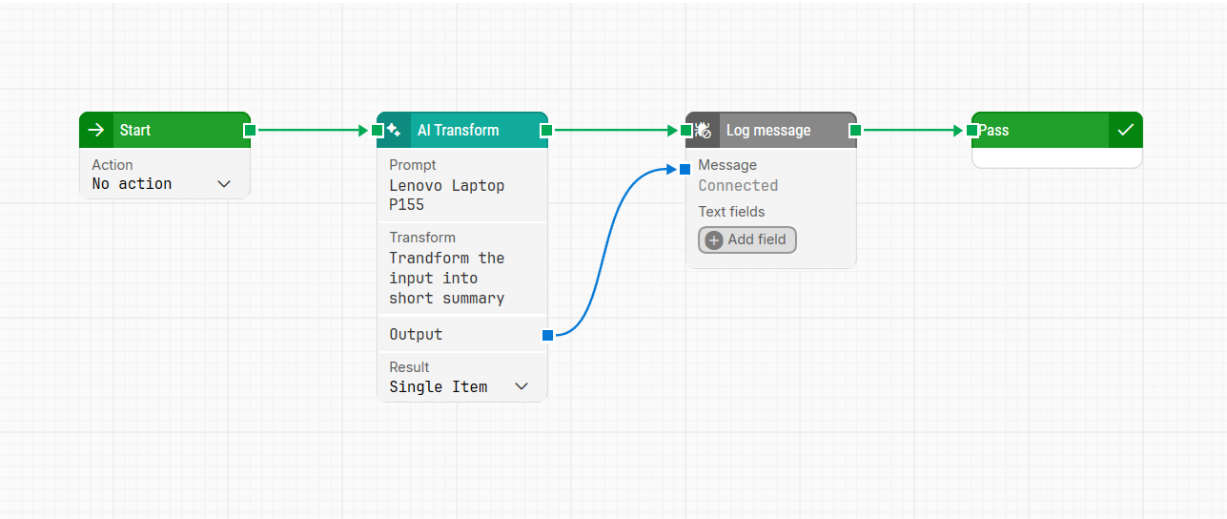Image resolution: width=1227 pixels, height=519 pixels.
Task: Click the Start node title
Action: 135,131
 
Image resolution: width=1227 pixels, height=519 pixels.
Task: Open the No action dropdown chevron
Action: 224,184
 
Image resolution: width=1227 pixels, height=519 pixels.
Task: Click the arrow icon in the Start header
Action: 95,131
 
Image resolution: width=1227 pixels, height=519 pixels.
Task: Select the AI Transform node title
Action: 458,131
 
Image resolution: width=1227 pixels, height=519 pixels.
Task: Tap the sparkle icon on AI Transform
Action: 394,131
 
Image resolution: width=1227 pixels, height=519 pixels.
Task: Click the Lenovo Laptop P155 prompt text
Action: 446,195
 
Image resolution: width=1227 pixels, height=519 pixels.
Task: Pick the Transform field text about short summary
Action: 446,278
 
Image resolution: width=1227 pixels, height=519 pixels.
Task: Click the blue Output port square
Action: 547,335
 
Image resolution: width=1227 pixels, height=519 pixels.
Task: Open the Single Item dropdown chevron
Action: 521,386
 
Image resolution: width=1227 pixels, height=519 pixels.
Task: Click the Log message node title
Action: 767,131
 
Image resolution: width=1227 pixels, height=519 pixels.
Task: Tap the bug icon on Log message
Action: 704,131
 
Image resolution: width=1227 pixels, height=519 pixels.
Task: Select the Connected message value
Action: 738,185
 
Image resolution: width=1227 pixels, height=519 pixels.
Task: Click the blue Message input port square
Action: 685,169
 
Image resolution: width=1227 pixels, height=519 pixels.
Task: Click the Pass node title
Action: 993,131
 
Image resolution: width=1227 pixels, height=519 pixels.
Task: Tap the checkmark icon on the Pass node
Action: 1125,131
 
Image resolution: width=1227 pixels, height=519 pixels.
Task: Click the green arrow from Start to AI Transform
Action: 310,130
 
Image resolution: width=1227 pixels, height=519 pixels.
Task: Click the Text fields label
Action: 731,212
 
